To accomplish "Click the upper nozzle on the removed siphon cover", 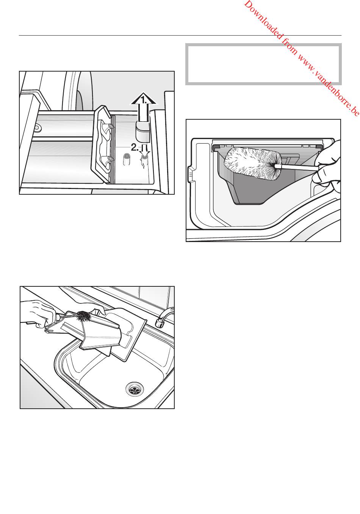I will coord(110,126).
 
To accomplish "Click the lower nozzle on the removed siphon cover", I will coord(110,158).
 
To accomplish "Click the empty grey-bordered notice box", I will coord(263,64).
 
